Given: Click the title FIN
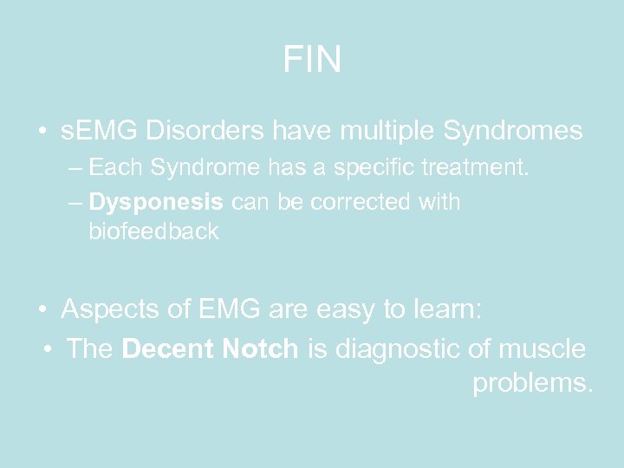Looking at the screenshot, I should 312,60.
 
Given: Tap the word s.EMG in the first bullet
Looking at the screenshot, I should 100,132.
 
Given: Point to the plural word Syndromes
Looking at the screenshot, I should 513,132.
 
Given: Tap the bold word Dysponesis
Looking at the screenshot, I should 156,203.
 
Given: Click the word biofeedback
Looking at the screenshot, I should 153,231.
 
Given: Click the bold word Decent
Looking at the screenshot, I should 169,349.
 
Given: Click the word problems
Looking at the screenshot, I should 532,382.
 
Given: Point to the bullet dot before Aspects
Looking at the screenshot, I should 42,310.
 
